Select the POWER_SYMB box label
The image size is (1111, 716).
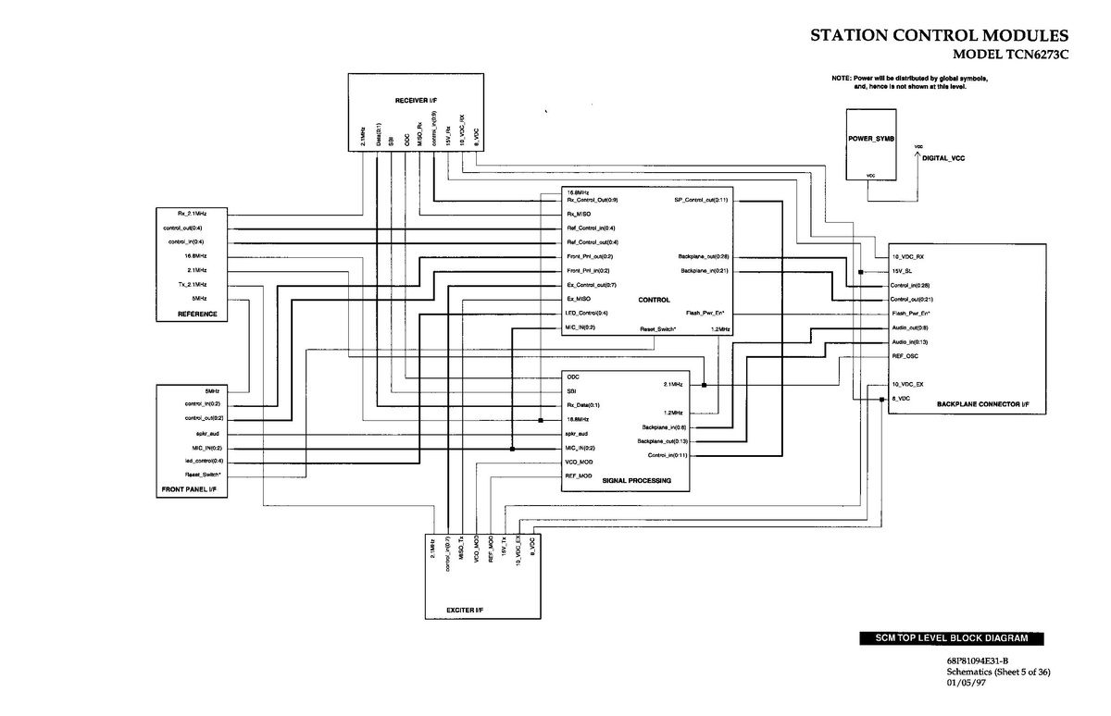[870, 138]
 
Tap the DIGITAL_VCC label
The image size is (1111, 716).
[943, 159]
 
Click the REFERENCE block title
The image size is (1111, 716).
[197, 315]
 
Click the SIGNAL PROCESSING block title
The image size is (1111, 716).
[636, 481]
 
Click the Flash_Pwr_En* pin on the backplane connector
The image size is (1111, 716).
[911, 314]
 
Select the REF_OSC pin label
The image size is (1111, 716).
[904, 356]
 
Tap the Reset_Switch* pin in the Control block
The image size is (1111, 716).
[658, 328]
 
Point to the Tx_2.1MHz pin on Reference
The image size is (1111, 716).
[193, 284]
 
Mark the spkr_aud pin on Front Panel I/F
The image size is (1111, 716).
[207, 433]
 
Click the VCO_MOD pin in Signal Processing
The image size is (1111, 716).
[579, 461]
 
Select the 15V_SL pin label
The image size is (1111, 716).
[902, 271]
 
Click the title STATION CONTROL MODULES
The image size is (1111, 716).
[940, 36]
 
